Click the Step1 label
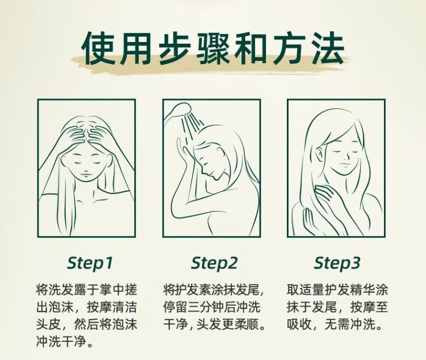point(89,263)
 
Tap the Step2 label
point(214,263)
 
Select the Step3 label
point(337,263)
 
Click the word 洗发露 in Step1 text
point(61,290)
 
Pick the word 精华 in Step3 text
point(362,290)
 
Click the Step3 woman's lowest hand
point(310,220)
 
